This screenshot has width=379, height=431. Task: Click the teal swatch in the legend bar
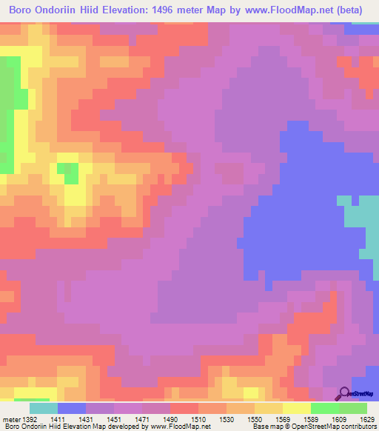(x=43, y=407)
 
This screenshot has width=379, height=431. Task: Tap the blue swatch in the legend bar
(x=71, y=407)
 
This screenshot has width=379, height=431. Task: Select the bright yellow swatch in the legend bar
(x=296, y=407)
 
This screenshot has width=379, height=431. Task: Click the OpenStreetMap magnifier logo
(x=345, y=393)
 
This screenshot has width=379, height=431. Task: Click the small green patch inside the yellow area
(x=70, y=174)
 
